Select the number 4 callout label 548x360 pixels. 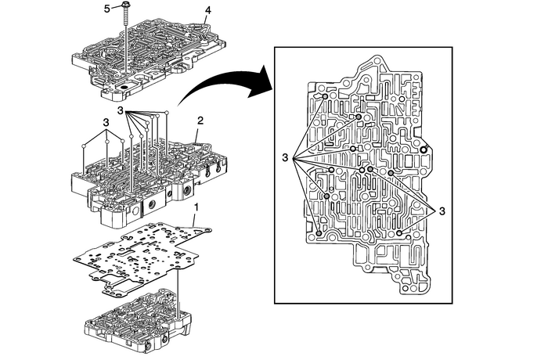(x=207, y=10)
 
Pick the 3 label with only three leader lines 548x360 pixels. (x=106, y=123)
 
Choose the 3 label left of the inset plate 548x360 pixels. (x=287, y=158)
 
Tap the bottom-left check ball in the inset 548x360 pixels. (x=319, y=233)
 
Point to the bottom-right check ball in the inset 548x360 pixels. (x=399, y=233)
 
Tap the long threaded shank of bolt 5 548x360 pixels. (x=125, y=47)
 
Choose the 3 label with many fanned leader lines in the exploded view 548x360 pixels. (x=122, y=111)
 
